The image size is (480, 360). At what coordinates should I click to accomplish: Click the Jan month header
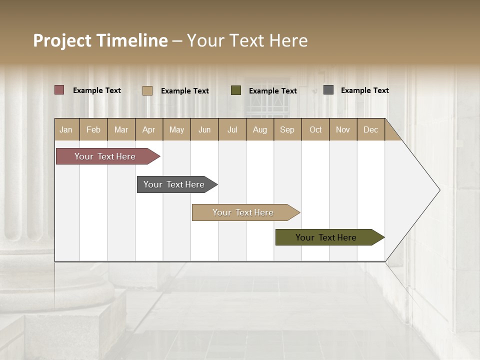click(66, 129)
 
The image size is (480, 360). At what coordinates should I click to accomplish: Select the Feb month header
click(93, 129)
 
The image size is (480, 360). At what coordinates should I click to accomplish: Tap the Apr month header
click(149, 129)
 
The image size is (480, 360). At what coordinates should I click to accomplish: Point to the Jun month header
click(204, 129)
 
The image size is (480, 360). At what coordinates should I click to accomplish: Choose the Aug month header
click(260, 129)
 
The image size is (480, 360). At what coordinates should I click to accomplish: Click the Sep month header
click(287, 129)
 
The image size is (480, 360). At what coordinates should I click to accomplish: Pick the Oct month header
click(315, 129)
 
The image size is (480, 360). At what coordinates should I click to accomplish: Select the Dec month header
click(371, 129)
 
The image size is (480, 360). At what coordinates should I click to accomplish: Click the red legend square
click(59, 90)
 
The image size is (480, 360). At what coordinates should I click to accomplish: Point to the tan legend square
click(147, 90)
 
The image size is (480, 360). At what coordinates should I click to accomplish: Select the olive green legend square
click(236, 90)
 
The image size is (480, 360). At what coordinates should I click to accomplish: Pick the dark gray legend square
click(328, 90)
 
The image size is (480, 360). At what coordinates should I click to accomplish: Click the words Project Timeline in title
click(100, 40)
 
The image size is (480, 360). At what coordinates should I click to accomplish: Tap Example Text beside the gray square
click(364, 90)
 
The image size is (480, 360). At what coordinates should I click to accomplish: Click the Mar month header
click(121, 129)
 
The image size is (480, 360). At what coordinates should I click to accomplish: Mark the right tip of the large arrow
click(439, 190)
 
